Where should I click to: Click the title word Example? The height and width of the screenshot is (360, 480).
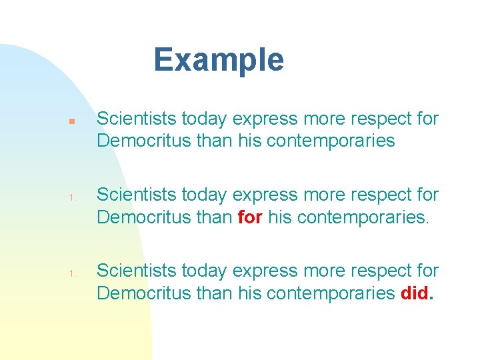[219, 60]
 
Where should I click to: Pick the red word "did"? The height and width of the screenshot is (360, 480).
[416, 293]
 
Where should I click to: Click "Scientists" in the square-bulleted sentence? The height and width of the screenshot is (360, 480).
[127, 119]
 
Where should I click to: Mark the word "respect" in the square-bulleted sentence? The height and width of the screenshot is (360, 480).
[377, 119]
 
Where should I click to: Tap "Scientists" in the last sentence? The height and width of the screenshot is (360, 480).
[127, 271]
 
